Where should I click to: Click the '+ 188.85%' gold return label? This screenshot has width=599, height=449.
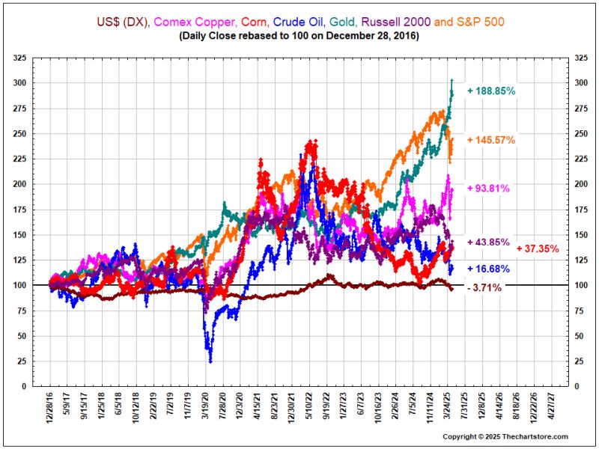[491, 91]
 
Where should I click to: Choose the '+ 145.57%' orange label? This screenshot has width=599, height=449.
[491, 140]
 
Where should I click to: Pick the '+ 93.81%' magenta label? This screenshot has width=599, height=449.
[489, 188]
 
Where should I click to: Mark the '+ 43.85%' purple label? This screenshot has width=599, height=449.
[488, 242]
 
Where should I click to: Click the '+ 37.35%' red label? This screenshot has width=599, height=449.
[538, 248]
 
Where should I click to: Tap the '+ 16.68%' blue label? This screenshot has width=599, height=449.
[488, 269]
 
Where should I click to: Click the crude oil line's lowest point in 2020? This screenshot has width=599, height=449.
[210, 362]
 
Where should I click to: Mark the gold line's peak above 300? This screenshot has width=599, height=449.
[451, 80]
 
